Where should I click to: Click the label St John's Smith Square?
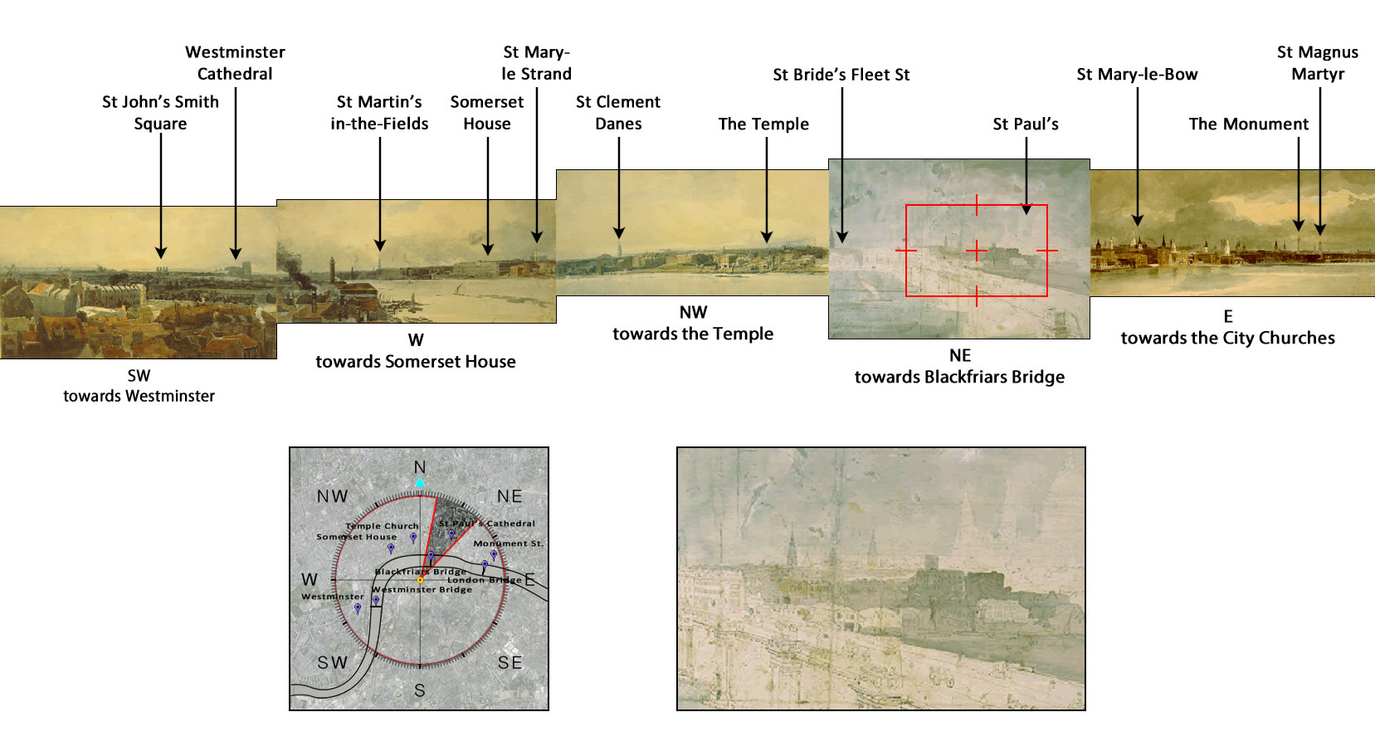pos(160,113)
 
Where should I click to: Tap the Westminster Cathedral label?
pos(235,63)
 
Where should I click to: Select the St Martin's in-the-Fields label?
pos(379,113)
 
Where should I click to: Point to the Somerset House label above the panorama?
pos(487,113)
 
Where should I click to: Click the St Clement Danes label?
pos(618,113)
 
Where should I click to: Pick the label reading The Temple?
pos(763,124)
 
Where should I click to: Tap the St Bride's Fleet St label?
pos(841,75)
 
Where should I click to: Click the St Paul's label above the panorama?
pos(1026,124)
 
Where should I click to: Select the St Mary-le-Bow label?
pos(1137,75)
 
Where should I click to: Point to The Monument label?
pos(1248,124)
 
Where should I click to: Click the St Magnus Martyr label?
pos(1318,63)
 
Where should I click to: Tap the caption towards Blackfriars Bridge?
pos(959,377)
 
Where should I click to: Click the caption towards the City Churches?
pos(1227,338)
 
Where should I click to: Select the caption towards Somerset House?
pos(416,362)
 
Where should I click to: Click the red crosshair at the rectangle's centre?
pos(977,250)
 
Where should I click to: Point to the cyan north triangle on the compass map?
pos(420,482)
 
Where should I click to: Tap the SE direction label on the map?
pos(510,662)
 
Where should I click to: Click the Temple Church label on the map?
pos(382,526)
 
